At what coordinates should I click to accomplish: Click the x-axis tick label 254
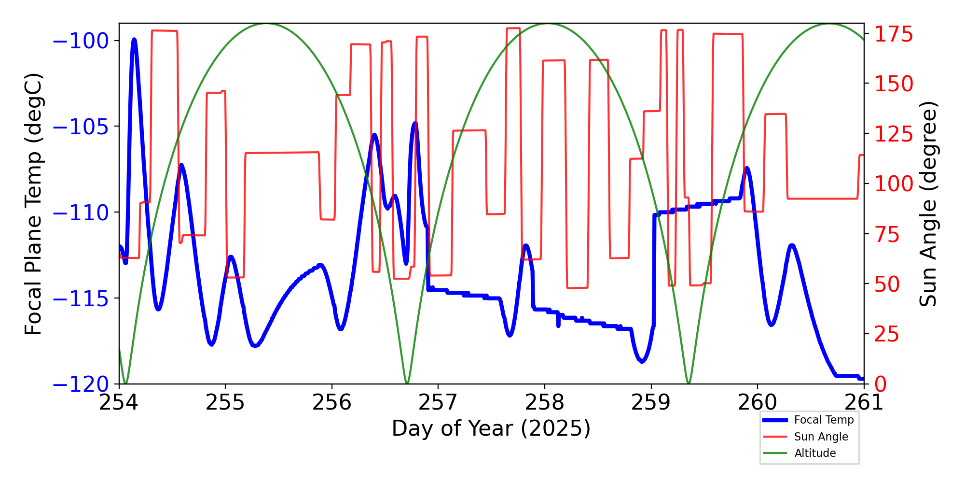pos(119,402)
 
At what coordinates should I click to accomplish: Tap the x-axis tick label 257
pos(438,402)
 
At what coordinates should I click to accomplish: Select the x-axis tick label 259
pos(651,402)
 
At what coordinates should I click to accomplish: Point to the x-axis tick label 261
pos(864,402)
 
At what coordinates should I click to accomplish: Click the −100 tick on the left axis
pos(81,41)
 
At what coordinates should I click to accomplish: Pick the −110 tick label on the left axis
pos(81,213)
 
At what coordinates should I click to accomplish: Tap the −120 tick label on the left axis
pos(81,385)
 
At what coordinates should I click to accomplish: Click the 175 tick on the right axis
pos(894,35)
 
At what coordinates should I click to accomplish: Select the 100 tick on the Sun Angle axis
pos(894,184)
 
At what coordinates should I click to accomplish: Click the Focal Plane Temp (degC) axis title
pos(34,204)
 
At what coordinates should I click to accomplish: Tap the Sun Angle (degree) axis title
pos(927,204)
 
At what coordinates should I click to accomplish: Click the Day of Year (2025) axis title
pos(491,428)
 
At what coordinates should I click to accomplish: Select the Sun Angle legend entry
pos(821,437)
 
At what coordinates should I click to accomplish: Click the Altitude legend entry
pos(815,453)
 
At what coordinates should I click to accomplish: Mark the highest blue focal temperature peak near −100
pos(134,40)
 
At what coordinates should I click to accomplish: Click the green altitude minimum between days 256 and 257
pos(407,383)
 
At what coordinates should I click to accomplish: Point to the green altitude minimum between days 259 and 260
pos(689,383)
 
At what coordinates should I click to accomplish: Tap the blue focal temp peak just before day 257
pos(415,123)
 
